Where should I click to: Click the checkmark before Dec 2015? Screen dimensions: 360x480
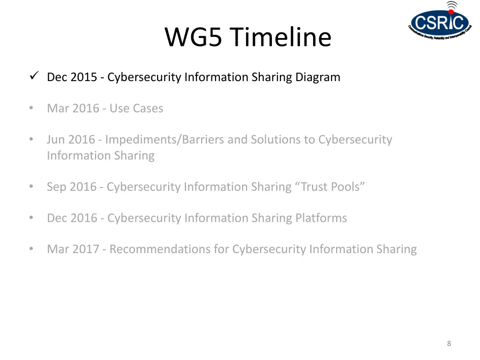coord(33,75)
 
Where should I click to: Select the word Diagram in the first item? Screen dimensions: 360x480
coord(317,77)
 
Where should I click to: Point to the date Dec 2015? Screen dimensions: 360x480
coord(72,77)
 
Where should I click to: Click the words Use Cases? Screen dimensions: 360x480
coord(136,108)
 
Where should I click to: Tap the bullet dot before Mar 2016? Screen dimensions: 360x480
coord(31,108)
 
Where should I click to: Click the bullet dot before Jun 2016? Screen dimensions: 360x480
coord(31,139)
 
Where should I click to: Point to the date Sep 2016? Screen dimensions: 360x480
coord(71,187)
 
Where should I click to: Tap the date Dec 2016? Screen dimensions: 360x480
coord(72,218)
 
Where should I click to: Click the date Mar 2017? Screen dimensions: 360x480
coord(73,249)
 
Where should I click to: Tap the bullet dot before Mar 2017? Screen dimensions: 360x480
coord(31,249)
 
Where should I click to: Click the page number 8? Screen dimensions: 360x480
coord(449,344)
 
